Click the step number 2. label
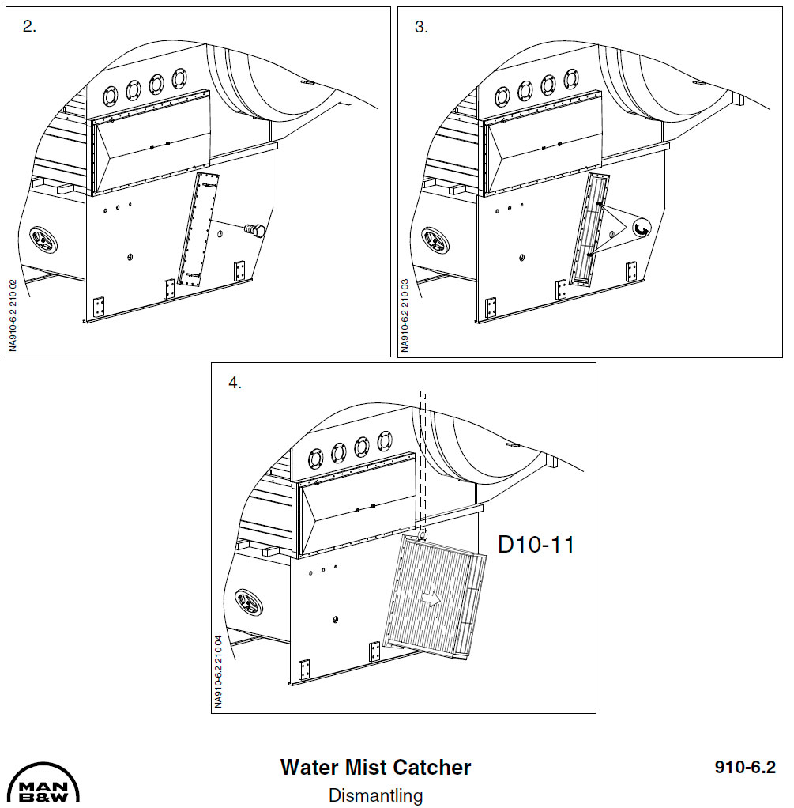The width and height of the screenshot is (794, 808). click(30, 26)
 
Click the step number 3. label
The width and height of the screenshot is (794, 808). click(421, 26)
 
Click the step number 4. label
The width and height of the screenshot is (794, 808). click(235, 383)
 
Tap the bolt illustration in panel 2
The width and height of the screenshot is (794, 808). click(254, 230)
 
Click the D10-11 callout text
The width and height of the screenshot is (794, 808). click(535, 545)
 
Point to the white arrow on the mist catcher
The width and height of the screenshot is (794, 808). click(431, 598)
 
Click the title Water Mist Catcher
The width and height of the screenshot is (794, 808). click(375, 767)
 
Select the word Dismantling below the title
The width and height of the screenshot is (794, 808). click(375, 795)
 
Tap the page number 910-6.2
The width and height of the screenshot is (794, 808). click(745, 767)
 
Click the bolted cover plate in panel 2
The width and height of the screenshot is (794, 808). click(197, 229)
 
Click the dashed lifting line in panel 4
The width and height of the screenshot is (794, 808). click(424, 459)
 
